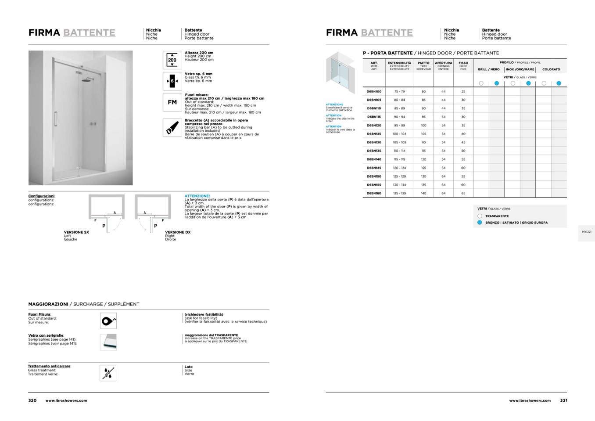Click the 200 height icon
pos(172,60)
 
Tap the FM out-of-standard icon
pos(172,102)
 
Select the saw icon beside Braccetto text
pos(172,127)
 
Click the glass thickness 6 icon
pos(172,81)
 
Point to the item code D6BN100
pos(374,92)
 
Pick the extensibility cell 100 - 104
pos(399,134)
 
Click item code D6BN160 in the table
pos(374,193)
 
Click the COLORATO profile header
pos(551,69)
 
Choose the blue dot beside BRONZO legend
pos(480,223)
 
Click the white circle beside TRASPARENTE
pos(480,216)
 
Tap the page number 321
pos(563,400)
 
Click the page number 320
pos(32,400)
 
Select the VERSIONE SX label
pos(76,232)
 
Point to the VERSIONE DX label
pos(178,232)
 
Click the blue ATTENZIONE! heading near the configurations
pos(197,196)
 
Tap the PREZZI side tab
pos(586,232)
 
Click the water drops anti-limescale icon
pos(108,373)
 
